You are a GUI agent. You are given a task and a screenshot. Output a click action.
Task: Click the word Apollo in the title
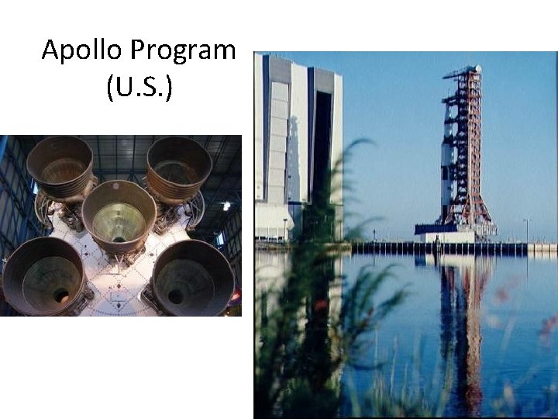pos(82,50)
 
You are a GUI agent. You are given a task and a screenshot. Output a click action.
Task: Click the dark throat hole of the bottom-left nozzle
pos(60,295)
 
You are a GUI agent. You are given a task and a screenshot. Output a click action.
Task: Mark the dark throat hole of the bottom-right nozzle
pos(176,296)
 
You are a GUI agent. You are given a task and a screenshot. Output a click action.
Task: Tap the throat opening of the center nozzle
pos(118,234)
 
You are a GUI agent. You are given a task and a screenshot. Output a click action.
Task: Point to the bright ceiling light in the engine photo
pos(226,206)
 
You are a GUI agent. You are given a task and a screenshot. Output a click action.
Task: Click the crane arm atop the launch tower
pos(461,72)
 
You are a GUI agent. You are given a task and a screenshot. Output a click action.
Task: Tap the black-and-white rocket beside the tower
pos(449,167)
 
